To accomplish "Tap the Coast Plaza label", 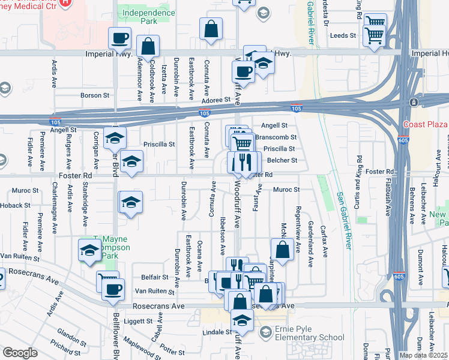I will click(x=427, y=124).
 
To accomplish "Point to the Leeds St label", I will click(x=343, y=35).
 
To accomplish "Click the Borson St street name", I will click(x=95, y=95).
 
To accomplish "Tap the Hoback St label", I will click(x=14, y=205).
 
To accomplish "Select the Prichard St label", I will click(x=62, y=346).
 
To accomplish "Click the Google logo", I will click(x=20, y=353).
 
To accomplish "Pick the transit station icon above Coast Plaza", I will click(x=414, y=103).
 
